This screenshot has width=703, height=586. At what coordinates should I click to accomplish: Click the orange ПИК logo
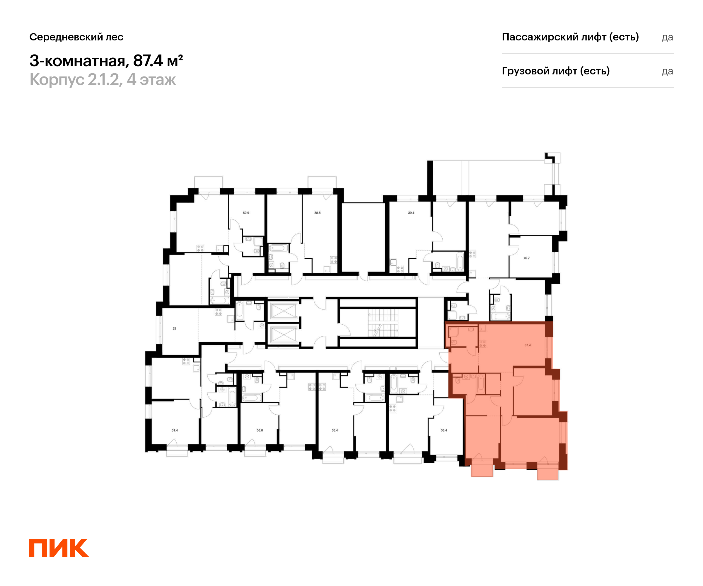point(59,548)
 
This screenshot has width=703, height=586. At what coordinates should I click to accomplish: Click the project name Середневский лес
point(76,37)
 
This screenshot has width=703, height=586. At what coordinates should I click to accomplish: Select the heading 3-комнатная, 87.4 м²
point(106,61)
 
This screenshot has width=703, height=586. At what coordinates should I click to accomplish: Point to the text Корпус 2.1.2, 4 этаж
point(103,80)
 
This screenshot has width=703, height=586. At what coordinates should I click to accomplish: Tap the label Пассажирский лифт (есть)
point(570,37)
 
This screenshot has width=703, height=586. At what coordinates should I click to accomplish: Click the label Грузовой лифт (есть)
point(556,71)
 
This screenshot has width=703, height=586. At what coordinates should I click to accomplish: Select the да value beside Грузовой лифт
point(667,71)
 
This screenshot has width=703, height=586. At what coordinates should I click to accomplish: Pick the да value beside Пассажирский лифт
point(667,37)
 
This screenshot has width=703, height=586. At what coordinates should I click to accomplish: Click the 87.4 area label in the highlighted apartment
point(528,345)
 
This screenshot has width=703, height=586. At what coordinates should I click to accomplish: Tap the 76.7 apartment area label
point(527,258)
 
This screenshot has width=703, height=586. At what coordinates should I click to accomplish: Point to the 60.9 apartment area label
point(246,213)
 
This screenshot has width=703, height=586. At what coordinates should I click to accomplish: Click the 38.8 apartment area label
point(317,213)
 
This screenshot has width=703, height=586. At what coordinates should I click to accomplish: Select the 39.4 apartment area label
point(411,213)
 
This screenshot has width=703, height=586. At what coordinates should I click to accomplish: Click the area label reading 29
point(174,328)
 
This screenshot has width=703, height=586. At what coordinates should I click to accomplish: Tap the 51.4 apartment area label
point(175,430)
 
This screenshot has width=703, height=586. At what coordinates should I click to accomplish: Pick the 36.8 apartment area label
point(260,430)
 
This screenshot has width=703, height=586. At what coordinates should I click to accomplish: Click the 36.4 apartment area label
point(335,430)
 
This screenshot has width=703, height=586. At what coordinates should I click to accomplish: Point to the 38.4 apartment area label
point(444,430)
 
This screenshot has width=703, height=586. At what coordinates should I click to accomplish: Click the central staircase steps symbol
point(383,323)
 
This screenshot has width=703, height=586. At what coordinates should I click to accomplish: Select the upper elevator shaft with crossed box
point(283,311)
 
